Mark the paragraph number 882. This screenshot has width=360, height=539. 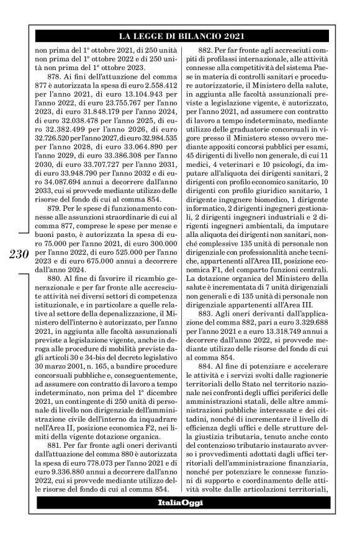(x=207, y=50)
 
